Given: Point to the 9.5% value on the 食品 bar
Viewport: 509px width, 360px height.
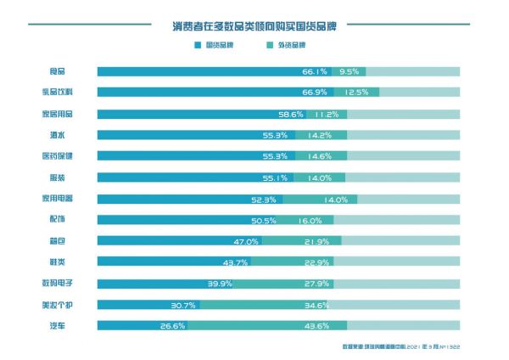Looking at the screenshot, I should click(350, 72).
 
